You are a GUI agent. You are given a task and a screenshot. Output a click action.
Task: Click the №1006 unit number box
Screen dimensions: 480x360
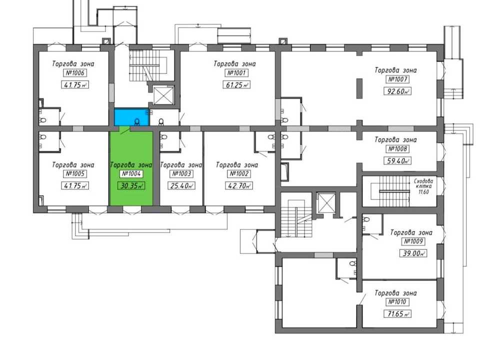click(x=74, y=73)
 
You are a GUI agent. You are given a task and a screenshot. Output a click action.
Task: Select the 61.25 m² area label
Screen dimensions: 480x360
click(x=236, y=85)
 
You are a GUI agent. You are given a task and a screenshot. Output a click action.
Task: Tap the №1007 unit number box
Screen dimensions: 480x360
click(x=397, y=79)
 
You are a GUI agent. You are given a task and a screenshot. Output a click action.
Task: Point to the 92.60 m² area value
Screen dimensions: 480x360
click(x=397, y=91)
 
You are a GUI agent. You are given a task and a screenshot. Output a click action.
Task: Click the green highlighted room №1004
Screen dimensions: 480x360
click(x=131, y=168)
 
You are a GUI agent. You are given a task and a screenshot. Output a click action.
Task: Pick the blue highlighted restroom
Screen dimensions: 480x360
click(x=131, y=117)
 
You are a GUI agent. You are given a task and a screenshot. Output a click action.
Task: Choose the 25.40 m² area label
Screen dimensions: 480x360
click(x=181, y=185)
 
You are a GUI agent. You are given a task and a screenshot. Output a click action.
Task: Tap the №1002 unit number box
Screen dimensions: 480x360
click(x=239, y=173)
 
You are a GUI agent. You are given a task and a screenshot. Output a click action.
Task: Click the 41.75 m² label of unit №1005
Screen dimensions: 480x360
click(x=74, y=185)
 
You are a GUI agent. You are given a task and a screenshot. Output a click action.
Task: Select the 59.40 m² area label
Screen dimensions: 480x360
click(x=397, y=160)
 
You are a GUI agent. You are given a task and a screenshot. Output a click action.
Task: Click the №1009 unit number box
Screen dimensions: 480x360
click(x=413, y=241)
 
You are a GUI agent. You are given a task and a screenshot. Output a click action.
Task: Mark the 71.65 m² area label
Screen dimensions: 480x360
click(x=397, y=314)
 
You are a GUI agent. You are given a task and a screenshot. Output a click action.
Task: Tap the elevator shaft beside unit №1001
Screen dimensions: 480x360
click(x=163, y=95)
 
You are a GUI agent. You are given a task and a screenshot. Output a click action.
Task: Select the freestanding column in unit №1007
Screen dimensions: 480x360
click(x=359, y=88)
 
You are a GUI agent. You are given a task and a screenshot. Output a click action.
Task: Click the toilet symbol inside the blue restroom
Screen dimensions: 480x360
click(x=137, y=122)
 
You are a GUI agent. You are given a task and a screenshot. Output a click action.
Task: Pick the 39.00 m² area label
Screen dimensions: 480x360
click(x=413, y=253)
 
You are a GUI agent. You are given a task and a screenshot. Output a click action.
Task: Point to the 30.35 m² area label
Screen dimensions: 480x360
click(x=131, y=185)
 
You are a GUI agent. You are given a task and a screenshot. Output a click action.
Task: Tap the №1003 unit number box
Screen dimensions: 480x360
click(x=181, y=173)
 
